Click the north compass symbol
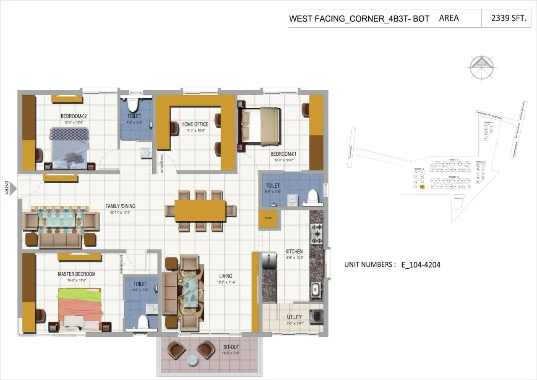[482, 67]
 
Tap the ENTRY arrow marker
[13, 188]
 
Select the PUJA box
[268, 219]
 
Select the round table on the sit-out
[192, 360]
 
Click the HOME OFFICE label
[195, 124]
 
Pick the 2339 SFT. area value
[508, 18]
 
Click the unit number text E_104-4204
[420, 265]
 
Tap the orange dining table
[200, 210]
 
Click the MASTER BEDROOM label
[76, 274]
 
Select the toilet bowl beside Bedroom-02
[135, 105]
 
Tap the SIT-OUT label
[231, 347]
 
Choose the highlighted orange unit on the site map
[422, 188]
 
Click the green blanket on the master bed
[80, 295]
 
